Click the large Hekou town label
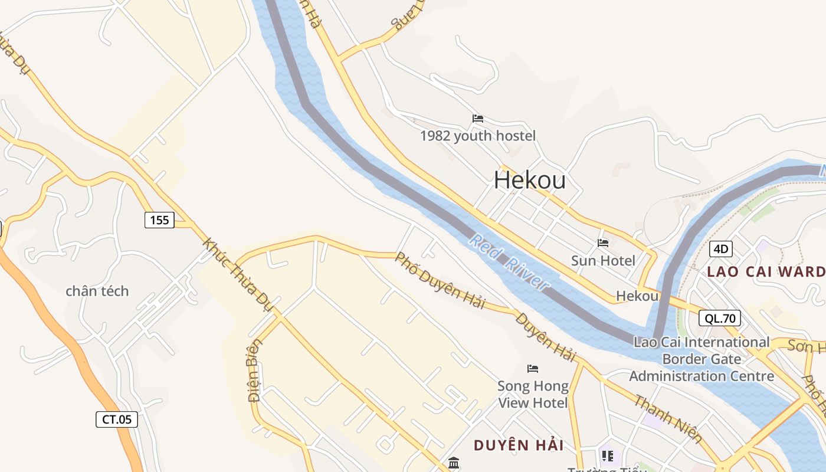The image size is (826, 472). point(529,180)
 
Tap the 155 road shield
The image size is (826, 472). point(159,220)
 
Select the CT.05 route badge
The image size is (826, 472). point(117,419)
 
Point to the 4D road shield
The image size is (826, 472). point(720,248)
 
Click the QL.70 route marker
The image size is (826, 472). point(720,319)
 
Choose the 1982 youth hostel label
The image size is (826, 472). point(478,136)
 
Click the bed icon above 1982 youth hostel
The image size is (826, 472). point(478,119)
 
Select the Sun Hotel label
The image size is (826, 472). point(603,261)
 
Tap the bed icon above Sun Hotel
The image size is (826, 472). point(603,242)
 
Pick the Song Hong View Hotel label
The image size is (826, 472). point(533,395)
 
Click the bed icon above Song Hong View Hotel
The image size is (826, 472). point(533,369)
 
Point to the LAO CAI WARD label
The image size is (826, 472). point(766,272)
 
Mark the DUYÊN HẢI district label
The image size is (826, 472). point(519,445)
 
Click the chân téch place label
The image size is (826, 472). point(97,291)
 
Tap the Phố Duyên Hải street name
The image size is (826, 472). point(440,281)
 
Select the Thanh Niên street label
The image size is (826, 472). point(668,419)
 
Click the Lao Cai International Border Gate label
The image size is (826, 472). point(702,359)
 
